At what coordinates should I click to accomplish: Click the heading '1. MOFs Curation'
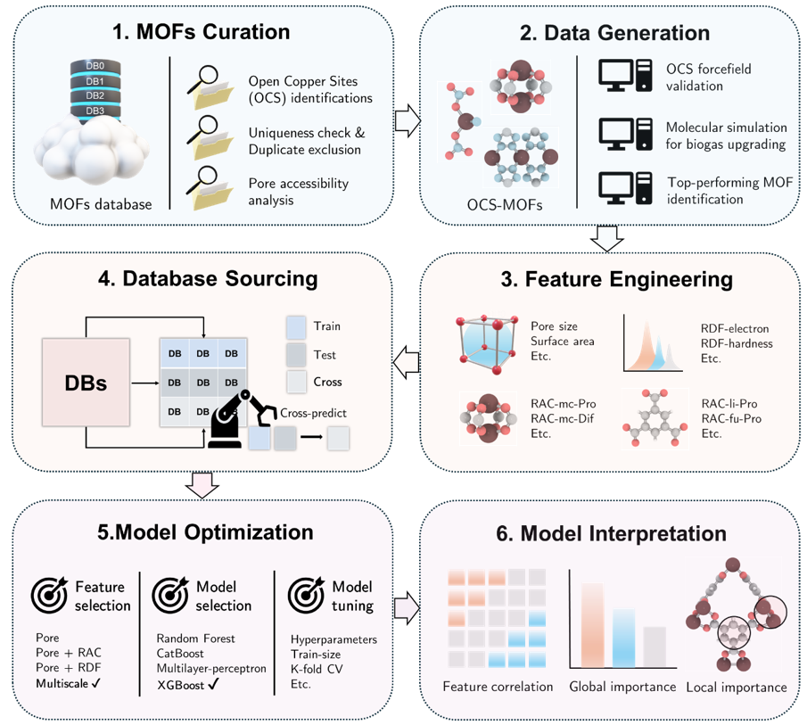[x=202, y=32]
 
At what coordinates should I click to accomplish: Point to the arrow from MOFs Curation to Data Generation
[x=407, y=120]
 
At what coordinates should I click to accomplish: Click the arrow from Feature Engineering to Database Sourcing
[x=407, y=361]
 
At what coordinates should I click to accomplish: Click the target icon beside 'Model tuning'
[x=304, y=593]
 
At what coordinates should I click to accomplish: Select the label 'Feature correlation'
[x=498, y=687]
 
